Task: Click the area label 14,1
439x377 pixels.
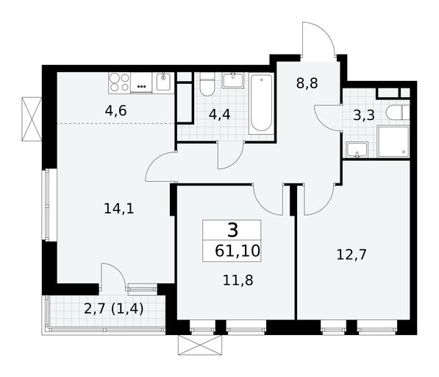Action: (119, 209)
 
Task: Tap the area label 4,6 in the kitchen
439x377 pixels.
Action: (116, 111)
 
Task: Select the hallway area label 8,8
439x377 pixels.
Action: (307, 83)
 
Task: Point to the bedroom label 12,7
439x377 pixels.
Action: (351, 255)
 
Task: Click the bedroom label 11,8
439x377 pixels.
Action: (238, 281)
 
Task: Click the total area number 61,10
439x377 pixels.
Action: (238, 251)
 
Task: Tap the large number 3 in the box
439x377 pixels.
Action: (232, 230)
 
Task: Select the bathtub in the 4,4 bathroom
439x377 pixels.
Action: (261, 103)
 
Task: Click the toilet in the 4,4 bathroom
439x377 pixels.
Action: (207, 85)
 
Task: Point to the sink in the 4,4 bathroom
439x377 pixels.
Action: (233, 81)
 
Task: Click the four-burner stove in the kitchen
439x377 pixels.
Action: (120, 82)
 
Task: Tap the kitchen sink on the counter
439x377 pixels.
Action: (163, 82)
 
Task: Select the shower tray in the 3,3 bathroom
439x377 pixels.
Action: (393, 141)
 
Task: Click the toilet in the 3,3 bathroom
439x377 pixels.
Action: (398, 113)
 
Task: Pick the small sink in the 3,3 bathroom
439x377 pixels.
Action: (357, 149)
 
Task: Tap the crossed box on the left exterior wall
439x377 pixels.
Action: (32, 119)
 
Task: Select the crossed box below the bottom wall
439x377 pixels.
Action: (200, 345)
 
